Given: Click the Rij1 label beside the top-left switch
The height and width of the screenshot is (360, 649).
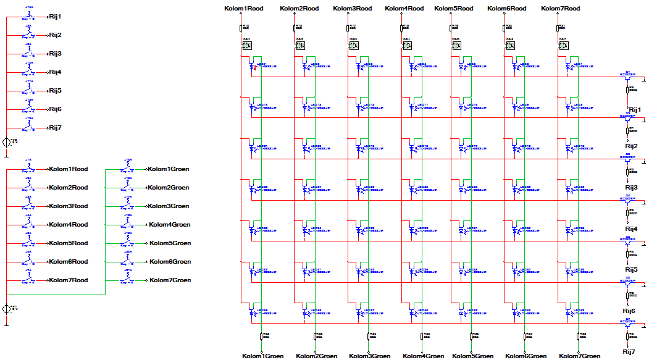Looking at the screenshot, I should point(55,17).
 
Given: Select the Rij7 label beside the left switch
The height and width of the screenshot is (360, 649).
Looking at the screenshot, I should point(55,128).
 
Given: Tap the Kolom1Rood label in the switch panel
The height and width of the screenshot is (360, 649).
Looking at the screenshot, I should point(68,169).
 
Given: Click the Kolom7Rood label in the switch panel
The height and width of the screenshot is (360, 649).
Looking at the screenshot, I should point(68,280).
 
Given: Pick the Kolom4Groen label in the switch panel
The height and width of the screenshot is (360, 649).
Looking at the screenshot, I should point(169,225).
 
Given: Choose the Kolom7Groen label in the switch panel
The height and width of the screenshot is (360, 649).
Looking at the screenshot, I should point(170,280).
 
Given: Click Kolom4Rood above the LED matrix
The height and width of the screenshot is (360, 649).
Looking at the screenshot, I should point(404,9).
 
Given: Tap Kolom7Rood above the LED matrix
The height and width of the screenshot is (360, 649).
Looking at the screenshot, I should point(561,9).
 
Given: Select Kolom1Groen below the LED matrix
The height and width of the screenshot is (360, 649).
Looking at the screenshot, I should point(262,356).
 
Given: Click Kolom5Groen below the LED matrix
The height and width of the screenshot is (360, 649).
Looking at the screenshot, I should point(472,356).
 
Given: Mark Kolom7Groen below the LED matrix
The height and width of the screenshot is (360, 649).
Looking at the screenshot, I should point(579,356).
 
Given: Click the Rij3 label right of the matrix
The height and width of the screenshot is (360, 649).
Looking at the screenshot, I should point(631,187).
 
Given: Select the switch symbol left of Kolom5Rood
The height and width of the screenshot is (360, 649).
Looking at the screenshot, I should point(28,243).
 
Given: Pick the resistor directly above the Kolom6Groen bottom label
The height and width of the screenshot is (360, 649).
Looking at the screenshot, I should point(526,337).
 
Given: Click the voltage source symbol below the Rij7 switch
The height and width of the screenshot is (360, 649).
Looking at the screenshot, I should point(7,142).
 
